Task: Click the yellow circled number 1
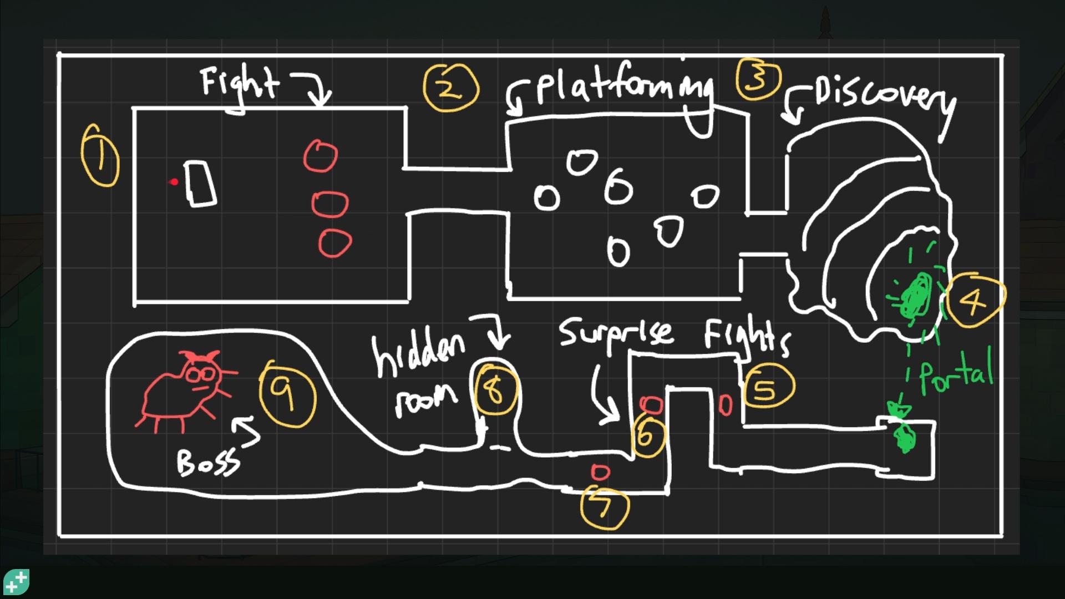coord(100,155)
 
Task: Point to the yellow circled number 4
coord(974,300)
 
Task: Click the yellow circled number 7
coord(604,507)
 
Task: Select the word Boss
coord(208,461)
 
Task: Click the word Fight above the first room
coord(240,86)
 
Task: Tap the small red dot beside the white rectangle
coord(175,181)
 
